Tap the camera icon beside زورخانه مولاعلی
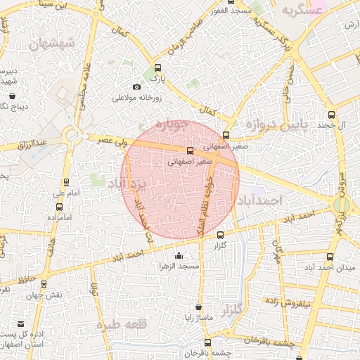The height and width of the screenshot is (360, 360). tap(136, 86)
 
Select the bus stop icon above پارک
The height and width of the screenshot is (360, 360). tap(157, 68)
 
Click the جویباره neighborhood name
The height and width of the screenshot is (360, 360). tap(172, 126)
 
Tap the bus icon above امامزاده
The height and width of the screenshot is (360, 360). tap(58, 207)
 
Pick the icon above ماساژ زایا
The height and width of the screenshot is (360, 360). tap(199, 307)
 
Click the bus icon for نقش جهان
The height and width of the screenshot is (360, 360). tap(44, 284)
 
